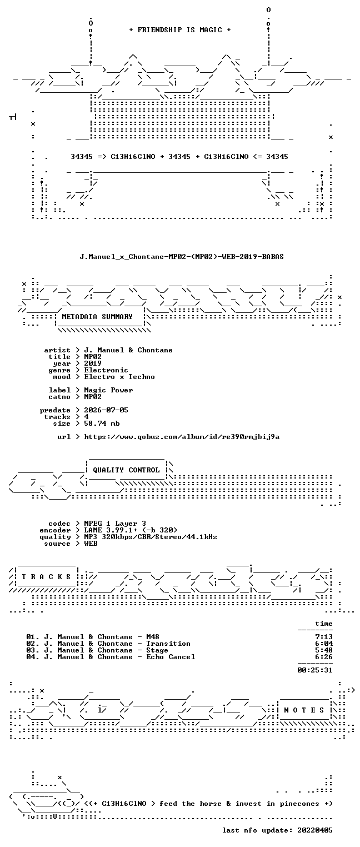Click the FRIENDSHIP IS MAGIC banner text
click(179, 30)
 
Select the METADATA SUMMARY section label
click(97, 316)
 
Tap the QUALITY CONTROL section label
click(126, 470)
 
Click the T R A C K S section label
click(46, 577)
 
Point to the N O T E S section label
click(304, 710)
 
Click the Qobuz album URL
click(182, 437)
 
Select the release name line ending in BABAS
click(182, 257)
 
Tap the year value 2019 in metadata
click(93, 363)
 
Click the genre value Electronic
click(106, 370)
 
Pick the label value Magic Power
click(108, 390)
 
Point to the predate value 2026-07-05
click(106, 410)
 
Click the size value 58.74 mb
click(102, 423)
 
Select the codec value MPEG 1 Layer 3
click(115, 524)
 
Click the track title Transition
click(168, 644)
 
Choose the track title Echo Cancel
click(171, 657)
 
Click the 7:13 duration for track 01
click(324, 637)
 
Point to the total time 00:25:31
click(315, 670)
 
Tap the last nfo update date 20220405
click(315, 830)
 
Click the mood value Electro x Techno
click(119, 377)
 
